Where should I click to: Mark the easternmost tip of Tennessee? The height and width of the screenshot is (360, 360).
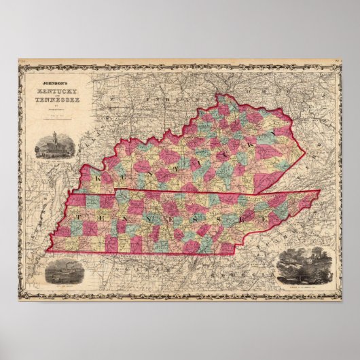click(x=320, y=192)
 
